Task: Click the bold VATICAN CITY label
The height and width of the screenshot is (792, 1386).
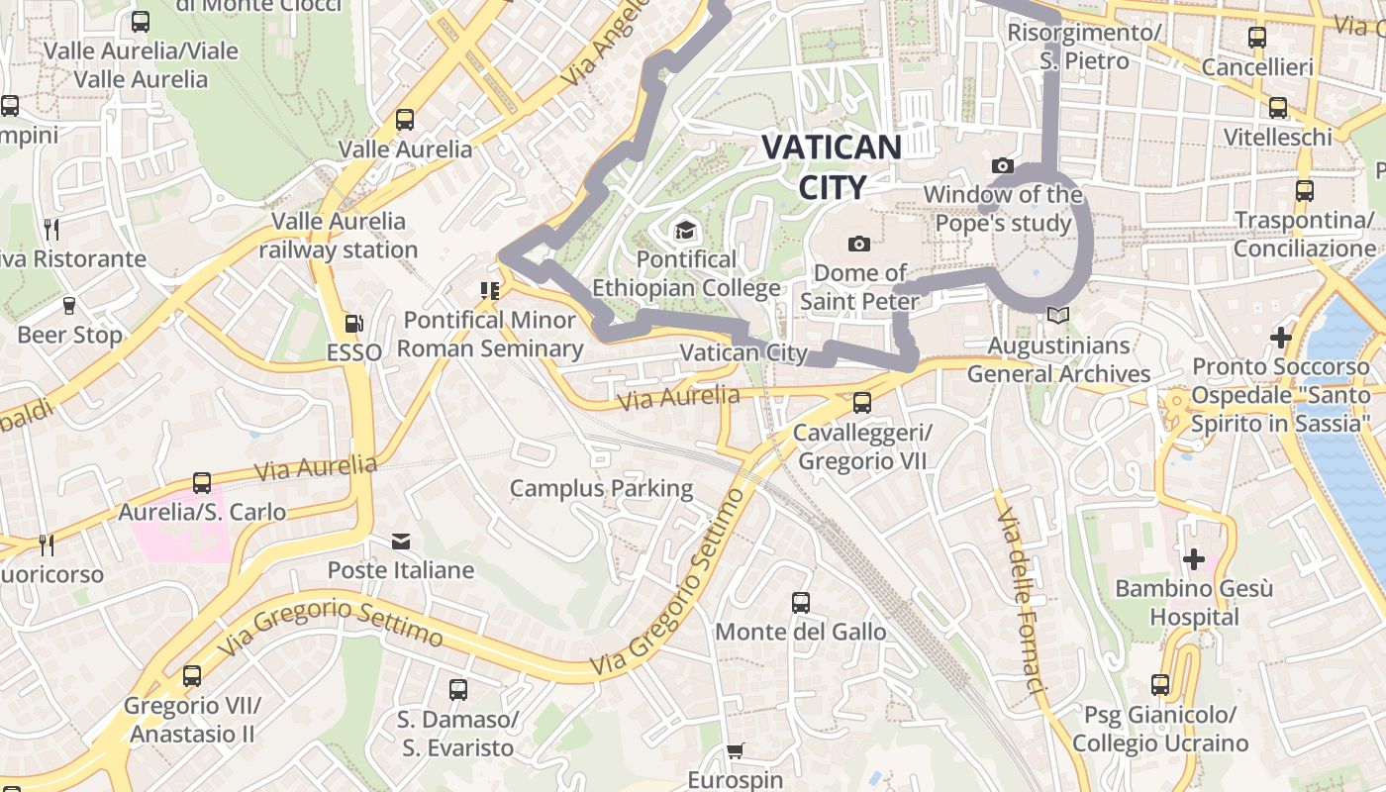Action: tap(831, 166)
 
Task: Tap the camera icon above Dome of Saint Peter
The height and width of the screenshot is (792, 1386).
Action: tap(859, 244)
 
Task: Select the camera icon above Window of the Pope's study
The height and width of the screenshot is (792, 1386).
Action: tap(1003, 165)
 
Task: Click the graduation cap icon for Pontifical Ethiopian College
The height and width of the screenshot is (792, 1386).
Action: tap(684, 232)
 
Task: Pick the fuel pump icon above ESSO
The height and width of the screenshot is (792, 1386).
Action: tap(352, 324)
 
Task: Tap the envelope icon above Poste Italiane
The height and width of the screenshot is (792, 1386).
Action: tap(400, 542)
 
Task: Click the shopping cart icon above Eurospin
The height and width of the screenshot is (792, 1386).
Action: tap(735, 751)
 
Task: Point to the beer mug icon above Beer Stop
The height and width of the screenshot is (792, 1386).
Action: tap(69, 305)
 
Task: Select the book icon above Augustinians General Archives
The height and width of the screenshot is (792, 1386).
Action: tap(1058, 316)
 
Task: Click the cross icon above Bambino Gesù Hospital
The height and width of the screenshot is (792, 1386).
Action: tap(1194, 559)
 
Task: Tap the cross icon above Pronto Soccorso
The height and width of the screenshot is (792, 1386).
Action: tap(1281, 338)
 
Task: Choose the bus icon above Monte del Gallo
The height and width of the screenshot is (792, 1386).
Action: tap(801, 602)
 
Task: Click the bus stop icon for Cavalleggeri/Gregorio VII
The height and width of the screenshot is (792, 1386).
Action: tap(862, 403)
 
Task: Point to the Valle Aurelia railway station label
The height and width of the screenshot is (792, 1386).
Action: tap(339, 236)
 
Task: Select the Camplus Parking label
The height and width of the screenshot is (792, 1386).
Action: tap(601, 488)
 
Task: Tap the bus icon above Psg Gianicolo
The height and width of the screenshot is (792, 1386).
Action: tap(1160, 685)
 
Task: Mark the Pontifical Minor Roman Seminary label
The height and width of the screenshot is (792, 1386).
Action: tap(490, 335)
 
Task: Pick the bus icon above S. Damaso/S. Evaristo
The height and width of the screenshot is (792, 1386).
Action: tap(457, 689)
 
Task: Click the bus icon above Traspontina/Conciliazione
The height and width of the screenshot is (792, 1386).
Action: tap(1305, 190)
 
